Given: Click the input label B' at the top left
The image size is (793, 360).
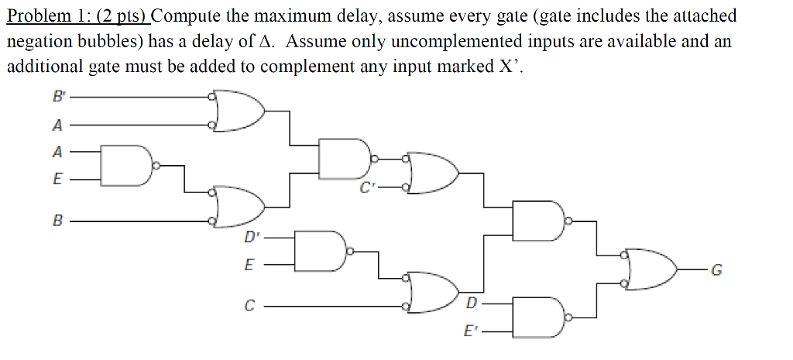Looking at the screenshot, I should [59, 98].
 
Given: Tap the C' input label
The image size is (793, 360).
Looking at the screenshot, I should [366, 187].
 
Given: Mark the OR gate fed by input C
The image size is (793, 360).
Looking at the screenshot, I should [430, 292].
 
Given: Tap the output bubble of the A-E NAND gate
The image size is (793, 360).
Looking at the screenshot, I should [156, 165].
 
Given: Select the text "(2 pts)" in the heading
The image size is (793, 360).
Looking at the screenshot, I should [123, 15].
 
